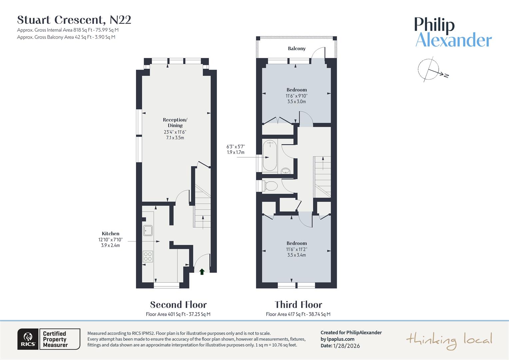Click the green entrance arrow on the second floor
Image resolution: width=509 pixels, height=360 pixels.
click(x=202, y=272)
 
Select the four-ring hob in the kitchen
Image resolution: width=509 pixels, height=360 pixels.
click(x=148, y=256)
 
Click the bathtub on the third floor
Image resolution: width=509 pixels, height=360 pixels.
click(x=269, y=156)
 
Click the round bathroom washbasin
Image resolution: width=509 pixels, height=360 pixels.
click(x=285, y=171)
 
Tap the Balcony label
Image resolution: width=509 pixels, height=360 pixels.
click(x=296, y=49)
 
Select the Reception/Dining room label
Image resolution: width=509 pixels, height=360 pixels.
click(x=175, y=123)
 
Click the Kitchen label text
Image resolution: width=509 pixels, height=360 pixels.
click(x=110, y=234)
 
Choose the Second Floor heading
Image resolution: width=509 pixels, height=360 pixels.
click(x=178, y=305)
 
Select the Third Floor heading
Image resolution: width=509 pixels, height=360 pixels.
click(x=298, y=305)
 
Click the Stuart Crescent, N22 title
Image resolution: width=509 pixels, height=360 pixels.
click(x=74, y=20)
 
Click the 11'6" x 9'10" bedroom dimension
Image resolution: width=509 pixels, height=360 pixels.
click(x=296, y=96)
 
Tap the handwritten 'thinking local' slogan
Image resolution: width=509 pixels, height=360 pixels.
click(x=449, y=340)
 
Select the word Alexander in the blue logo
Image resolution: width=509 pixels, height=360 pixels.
click(x=453, y=40)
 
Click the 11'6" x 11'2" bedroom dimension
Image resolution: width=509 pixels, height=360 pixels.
click(x=296, y=249)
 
